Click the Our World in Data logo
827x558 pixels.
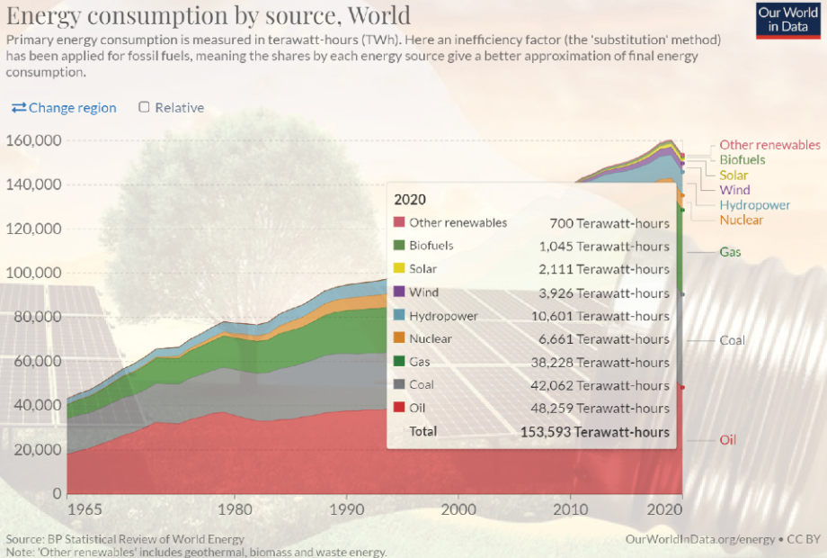[788, 20]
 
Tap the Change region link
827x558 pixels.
[64, 108]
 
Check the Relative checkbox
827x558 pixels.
[144, 107]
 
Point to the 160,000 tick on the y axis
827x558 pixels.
[33, 140]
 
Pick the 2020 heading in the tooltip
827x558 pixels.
[411, 200]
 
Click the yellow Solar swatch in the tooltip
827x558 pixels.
[399, 269]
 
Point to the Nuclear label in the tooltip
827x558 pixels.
[431, 339]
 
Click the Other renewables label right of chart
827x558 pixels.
[769, 145]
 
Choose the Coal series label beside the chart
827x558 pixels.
[733, 341]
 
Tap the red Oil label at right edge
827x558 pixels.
[728, 440]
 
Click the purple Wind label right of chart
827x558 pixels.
[735, 190]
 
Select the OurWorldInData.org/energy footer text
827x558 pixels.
[700, 538]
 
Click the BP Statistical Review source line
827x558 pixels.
[125, 539]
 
